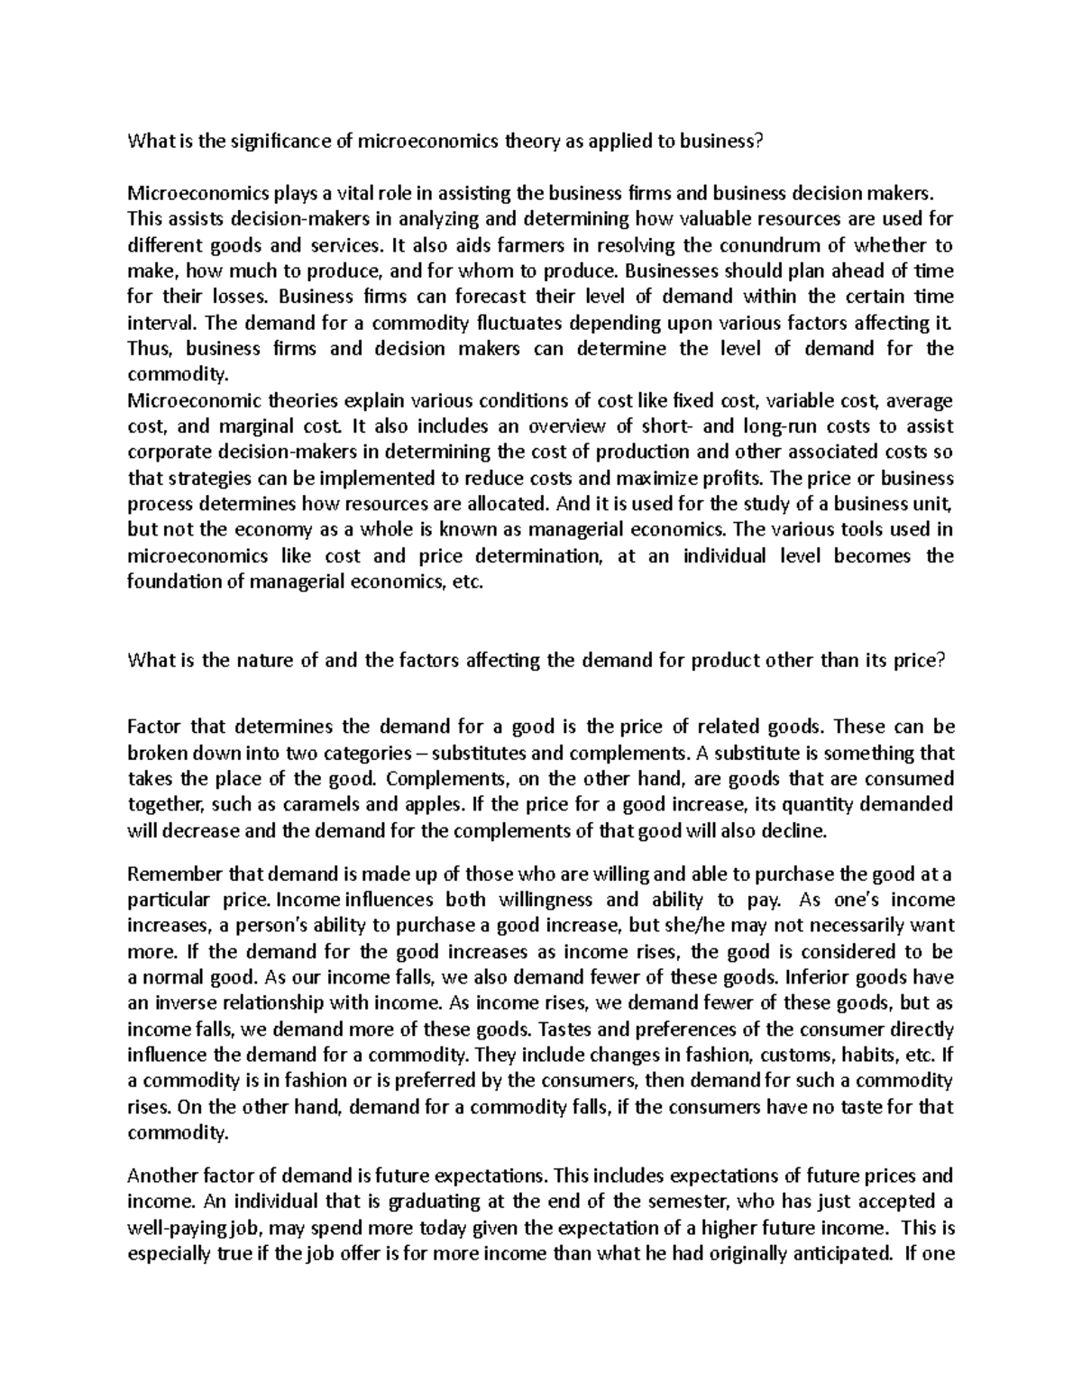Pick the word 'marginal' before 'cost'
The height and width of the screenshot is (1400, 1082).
257,426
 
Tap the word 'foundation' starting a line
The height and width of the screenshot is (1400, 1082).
172,581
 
